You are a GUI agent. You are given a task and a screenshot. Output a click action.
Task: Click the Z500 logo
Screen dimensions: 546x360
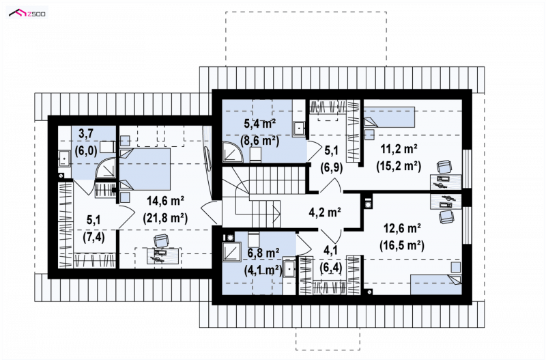[27, 14]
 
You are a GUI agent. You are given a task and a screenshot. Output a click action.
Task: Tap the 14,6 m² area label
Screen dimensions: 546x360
[165, 201]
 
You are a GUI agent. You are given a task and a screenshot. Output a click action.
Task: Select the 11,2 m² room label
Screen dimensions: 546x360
[399, 149]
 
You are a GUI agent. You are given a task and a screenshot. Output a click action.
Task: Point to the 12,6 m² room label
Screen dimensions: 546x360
[402, 229]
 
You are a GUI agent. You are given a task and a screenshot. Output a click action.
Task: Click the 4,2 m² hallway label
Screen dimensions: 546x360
[325, 212]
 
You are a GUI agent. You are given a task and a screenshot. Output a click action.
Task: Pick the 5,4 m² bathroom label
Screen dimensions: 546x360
[260, 124]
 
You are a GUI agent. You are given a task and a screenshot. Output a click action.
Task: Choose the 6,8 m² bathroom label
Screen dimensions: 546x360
[263, 253]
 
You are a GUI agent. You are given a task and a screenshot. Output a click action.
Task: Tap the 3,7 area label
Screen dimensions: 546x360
[86, 133]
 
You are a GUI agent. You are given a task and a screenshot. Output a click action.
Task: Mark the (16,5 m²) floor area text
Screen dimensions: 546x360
[402, 245]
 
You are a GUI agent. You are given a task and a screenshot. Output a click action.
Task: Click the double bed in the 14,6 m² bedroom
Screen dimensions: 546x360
[145, 169]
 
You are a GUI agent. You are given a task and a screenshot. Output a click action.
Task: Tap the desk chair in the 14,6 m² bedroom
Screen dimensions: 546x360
[160, 240]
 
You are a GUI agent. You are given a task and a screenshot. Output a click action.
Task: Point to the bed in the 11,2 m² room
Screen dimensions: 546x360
[389, 117]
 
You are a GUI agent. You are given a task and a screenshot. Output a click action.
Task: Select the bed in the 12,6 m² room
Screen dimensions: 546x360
[436, 285]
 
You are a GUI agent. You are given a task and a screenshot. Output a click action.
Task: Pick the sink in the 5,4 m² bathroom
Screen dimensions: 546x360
[299, 128]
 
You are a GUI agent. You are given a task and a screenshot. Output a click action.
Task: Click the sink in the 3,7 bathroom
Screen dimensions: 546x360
[64, 158]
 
